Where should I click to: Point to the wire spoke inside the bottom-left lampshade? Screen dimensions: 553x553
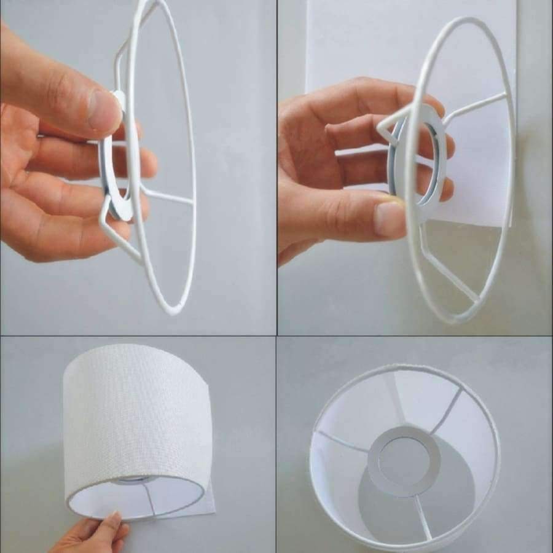tap(147, 498)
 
